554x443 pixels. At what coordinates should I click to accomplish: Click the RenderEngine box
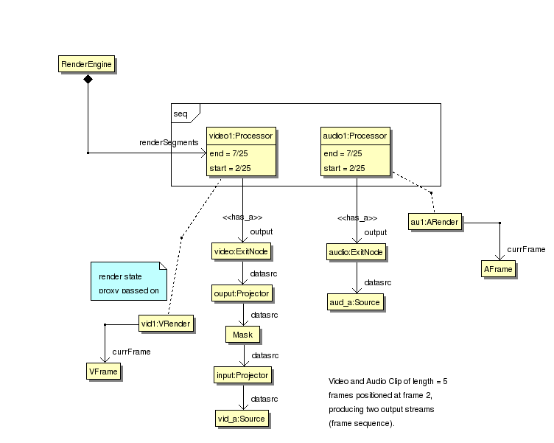pos(87,65)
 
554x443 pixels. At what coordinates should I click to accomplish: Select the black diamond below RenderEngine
pos(88,79)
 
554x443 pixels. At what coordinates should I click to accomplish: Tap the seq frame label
pos(180,114)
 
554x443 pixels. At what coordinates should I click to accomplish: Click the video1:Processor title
pos(241,136)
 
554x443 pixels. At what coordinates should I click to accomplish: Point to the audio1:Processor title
pos(355,136)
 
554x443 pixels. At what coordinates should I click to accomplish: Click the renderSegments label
pos(169,142)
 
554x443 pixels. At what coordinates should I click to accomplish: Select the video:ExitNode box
pos(241,251)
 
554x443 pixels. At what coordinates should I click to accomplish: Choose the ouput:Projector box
pos(242,293)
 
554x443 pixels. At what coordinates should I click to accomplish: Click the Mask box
pos(242,335)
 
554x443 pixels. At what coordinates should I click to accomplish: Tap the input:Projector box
pos(242,376)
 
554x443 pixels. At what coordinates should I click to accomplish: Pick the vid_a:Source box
pos(241,419)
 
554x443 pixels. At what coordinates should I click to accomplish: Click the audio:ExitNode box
pos(357,253)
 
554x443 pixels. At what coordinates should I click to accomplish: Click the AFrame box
pos(499,270)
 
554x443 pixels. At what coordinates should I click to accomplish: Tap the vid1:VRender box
pos(167,323)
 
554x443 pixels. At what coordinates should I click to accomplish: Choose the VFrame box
pos(103,372)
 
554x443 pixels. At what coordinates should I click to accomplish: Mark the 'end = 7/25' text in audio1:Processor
pos(343,154)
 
